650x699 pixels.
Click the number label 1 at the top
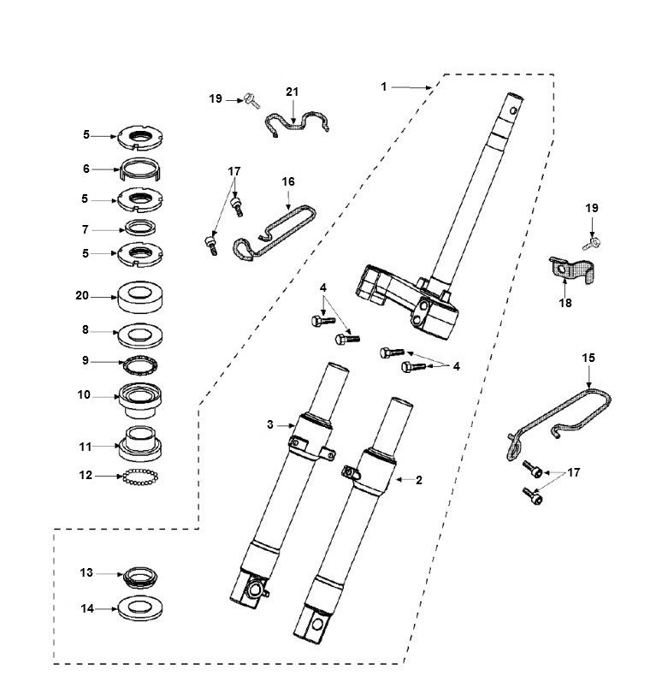click(384, 86)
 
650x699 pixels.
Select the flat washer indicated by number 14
click(139, 609)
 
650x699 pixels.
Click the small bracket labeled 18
click(570, 274)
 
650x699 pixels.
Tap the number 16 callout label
click(288, 182)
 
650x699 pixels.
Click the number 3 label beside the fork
click(269, 424)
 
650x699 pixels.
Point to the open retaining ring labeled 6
click(139, 169)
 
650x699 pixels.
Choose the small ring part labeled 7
click(139, 228)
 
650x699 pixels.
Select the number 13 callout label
click(86, 573)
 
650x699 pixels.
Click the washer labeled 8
click(139, 331)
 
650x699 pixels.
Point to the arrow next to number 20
click(105, 297)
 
